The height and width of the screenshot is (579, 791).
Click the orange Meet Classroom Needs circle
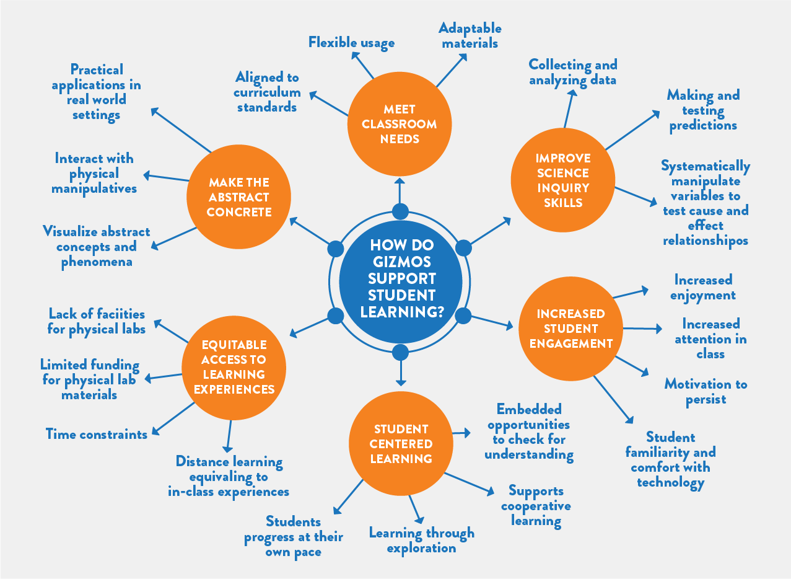pos(400,124)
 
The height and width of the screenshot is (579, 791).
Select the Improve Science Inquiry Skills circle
pos(563,180)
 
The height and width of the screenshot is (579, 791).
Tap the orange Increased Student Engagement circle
pos(570,329)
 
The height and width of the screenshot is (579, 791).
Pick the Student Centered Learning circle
pos(401,444)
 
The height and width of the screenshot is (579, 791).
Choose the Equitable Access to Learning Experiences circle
pos(234,367)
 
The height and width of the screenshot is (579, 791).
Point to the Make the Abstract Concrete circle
pos(238,197)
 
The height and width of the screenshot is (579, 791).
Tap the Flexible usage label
pos(351,43)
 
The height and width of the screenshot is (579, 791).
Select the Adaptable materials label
pos(470,35)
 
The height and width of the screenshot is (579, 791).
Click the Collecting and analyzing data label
pos(573,72)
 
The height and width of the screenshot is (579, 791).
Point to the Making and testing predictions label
pos(703,110)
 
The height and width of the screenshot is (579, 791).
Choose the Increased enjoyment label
pos(703,288)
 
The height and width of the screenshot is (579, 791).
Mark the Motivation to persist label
pos(706,392)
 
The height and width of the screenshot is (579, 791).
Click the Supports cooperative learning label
pos(536,506)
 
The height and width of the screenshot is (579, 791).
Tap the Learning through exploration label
pos(421,540)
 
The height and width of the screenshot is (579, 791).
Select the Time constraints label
pos(97,434)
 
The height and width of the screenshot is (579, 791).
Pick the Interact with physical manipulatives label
pos(94,174)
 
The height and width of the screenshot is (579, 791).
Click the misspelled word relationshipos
pos(706,241)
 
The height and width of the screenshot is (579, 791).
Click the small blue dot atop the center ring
pos(401,211)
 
